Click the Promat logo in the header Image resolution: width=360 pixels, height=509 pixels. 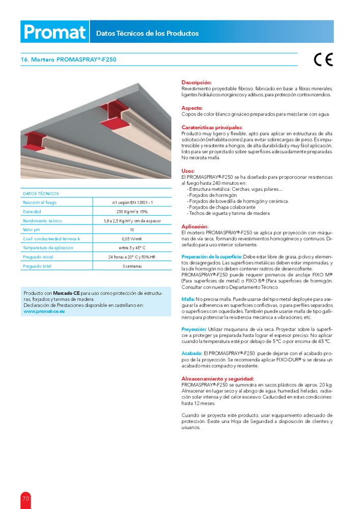[x=54, y=32]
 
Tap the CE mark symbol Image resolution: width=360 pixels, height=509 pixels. [x=323, y=60]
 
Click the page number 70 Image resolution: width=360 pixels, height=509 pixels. [x=25, y=499]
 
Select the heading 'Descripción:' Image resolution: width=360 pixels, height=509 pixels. [x=197, y=82]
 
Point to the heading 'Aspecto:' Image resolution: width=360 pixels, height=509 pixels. [x=192, y=108]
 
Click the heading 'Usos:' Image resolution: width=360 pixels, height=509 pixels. [x=188, y=172]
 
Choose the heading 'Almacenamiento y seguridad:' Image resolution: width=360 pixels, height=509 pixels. [x=217, y=379]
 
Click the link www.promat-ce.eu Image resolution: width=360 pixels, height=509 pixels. [x=44, y=311]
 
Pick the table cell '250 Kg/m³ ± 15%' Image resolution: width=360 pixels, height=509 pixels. [x=132, y=211]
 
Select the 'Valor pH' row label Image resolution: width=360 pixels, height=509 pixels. [x=32, y=230]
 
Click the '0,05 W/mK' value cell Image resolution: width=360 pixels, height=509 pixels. [x=132, y=239]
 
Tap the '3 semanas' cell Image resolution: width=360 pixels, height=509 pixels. [x=132, y=266]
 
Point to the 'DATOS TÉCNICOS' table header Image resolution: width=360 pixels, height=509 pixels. [x=41, y=193]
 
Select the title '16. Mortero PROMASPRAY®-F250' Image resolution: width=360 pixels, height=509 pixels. [x=68, y=60]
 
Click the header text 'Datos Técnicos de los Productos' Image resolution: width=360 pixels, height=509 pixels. [x=147, y=34]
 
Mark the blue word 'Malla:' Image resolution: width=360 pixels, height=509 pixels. [x=188, y=299]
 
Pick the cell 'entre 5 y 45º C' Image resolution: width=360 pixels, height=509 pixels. [x=132, y=248]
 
